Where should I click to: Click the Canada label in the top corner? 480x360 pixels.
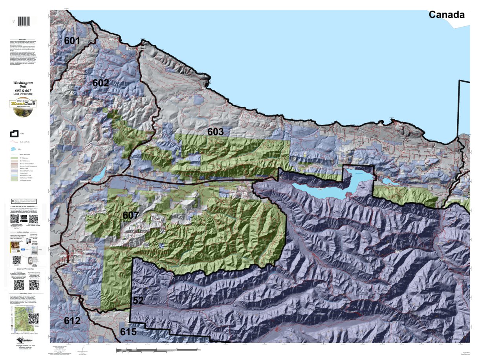click(x=446, y=15)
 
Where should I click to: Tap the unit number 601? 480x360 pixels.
click(x=72, y=40)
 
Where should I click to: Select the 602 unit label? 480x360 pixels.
click(x=101, y=83)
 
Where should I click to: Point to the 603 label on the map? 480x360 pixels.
click(x=215, y=132)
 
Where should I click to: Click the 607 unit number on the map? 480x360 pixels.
click(x=131, y=216)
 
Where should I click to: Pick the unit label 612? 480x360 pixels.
click(x=72, y=321)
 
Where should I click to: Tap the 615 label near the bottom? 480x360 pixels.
click(x=128, y=332)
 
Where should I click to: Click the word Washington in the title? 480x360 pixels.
click(x=23, y=83)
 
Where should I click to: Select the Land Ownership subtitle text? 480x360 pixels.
click(x=23, y=95)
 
